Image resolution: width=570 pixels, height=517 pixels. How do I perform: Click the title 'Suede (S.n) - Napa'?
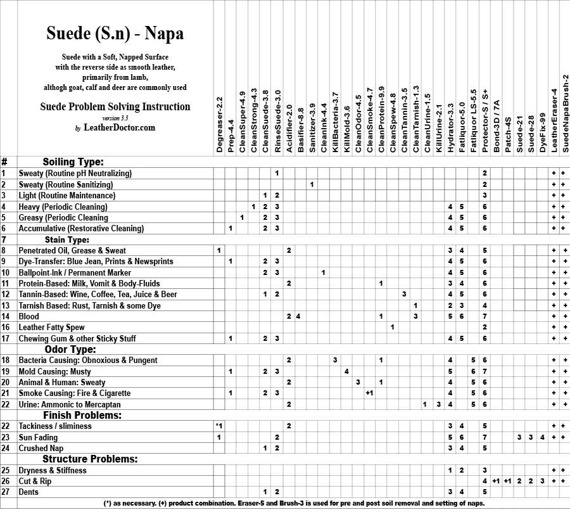coord(115,33)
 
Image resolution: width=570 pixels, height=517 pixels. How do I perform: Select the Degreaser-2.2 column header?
coord(219,124)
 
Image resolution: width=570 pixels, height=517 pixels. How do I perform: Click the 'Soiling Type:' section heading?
coord(73,162)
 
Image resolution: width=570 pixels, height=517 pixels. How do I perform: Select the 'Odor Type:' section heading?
coord(70,349)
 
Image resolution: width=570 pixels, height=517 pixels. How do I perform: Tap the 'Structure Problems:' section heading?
coord(90,459)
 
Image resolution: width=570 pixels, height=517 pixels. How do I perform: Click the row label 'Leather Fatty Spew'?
coord(51,328)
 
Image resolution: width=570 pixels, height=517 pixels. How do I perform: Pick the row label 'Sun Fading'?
coord(38,437)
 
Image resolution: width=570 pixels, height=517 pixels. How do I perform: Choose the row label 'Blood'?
coord(29,316)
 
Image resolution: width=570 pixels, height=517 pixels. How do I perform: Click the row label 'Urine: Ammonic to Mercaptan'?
coord(69,404)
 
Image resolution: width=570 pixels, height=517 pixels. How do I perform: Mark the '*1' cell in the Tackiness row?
coord(218,426)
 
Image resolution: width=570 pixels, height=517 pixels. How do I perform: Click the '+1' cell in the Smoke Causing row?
coord(369,393)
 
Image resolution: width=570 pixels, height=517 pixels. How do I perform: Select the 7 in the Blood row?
coord(484,316)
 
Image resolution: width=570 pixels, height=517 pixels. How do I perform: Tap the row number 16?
coord(4,328)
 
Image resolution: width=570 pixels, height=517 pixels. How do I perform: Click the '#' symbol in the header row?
coord(4,162)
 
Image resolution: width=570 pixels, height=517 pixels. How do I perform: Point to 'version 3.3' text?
coord(115,118)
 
